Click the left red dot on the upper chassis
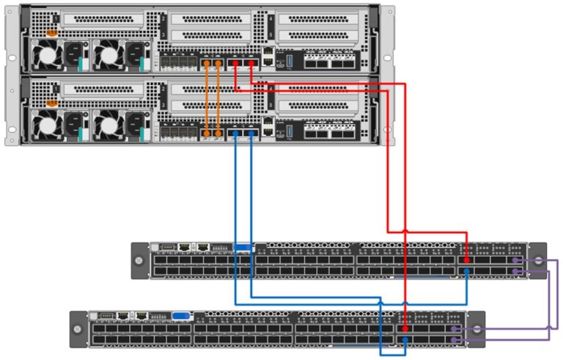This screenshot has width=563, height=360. tap(235, 64)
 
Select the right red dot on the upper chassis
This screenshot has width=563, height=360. tap(251, 64)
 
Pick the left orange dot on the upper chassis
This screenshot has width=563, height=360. tap(207, 64)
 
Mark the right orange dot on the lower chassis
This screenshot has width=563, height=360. tap(219, 133)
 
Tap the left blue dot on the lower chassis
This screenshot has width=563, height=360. tap(235, 133)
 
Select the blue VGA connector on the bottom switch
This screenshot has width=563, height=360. tap(181, 317)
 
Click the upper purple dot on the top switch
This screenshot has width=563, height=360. tap(517, 260)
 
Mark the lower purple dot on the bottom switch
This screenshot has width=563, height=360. tap(455, 341)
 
